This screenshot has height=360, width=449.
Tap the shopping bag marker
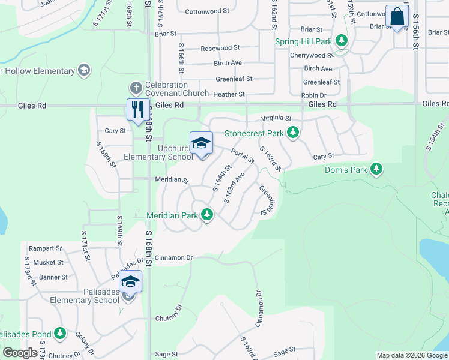point(397,16)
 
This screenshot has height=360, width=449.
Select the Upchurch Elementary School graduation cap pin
point(202,143)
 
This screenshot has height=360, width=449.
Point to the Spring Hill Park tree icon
point(342,41)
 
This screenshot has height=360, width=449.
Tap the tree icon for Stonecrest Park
point(292,132)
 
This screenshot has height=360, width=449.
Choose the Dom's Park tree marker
point(376,169)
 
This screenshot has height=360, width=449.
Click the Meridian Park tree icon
point(207,214)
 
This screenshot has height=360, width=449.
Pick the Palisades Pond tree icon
point(59,332)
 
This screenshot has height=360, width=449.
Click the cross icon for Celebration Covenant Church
point(136,88)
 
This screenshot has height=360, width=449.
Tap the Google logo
point(20,353)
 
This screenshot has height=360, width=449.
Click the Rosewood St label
point(220,48)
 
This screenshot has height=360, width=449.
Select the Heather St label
point(229,94)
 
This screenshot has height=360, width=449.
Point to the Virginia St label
point(277,118)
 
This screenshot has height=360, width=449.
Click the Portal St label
point(243,155)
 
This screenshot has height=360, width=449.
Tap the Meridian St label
point(172,180)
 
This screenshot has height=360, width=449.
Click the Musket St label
point(48,262)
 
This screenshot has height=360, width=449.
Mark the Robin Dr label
point(313,95)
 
